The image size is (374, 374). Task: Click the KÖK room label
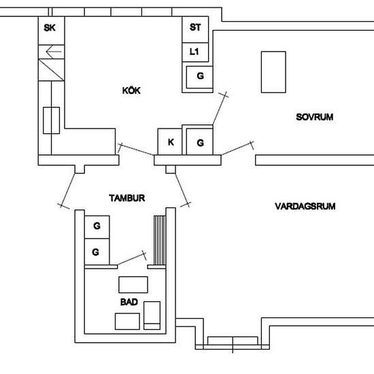click(131, 90)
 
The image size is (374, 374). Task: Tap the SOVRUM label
click(315, 117)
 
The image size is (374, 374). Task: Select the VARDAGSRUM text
click(305, 206)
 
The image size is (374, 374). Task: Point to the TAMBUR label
click(127, 198)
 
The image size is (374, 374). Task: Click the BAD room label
click(129, 302)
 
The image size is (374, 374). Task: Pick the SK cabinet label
click(50, 28)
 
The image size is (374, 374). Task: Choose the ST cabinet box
click(195, 29)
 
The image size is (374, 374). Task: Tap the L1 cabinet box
click(195, 52)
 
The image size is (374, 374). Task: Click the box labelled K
click(170, 141)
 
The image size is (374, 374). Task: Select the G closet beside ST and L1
click(199, 78)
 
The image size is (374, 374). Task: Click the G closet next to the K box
click(199, 141)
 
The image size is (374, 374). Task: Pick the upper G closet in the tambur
click(97, 227)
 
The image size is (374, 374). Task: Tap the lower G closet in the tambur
click(97, 252)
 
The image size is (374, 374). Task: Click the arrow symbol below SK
click(54, 52)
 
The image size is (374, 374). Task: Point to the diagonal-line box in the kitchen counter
click(51, 70)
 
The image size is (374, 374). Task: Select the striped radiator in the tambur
click(160, 240)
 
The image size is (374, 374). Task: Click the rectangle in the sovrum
click(273, 72)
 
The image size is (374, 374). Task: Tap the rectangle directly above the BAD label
click(133, 284)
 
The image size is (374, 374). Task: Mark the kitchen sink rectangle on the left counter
click(51, 120)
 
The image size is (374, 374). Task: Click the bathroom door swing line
click(131, 259)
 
